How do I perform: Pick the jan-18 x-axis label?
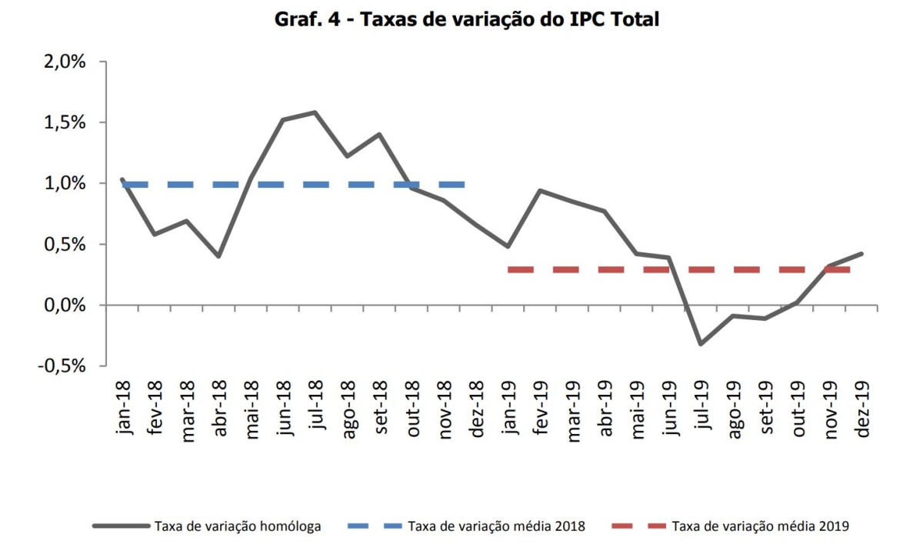(123, 407)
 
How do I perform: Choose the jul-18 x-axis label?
(315, 408)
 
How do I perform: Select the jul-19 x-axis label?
(701, 408)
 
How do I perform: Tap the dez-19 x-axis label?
(862, 408)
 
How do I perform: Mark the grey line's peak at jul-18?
(315, 112)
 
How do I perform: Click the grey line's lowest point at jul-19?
(701, 344)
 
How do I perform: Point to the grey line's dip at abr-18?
(219, 256)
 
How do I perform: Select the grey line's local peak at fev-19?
(540, 190)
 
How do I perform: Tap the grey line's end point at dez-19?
(861, 253)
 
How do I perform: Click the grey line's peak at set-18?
(379, 134)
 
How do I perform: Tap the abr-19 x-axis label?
(605, 408)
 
